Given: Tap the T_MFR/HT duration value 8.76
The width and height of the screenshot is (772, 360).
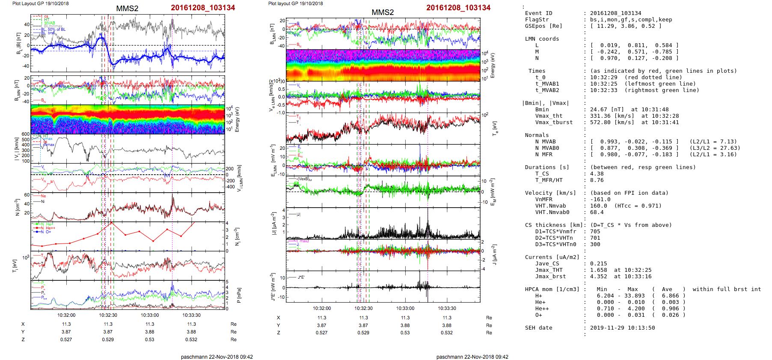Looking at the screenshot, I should tap(597, 180).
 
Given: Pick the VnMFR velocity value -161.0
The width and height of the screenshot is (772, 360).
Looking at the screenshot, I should tap(600, 199).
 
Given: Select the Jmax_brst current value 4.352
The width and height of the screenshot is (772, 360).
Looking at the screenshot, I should tap(598, 277).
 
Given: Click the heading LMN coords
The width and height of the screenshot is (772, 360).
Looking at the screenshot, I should tap(542, 39).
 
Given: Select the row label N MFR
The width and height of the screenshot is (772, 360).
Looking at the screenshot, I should tap(543, 155).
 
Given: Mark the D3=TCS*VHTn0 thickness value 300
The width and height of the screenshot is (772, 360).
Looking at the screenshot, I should tap(595, 244).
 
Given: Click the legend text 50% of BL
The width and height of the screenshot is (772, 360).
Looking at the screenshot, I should tap(56, 30).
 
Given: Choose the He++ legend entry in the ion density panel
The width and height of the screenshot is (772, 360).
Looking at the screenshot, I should tap(50, 228).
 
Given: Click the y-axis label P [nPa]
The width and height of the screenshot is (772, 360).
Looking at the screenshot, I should tap(238, 295).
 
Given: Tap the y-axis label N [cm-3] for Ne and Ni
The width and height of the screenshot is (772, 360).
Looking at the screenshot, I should tap(18, 207).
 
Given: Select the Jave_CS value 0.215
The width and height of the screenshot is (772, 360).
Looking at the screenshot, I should tap(598, 264).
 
